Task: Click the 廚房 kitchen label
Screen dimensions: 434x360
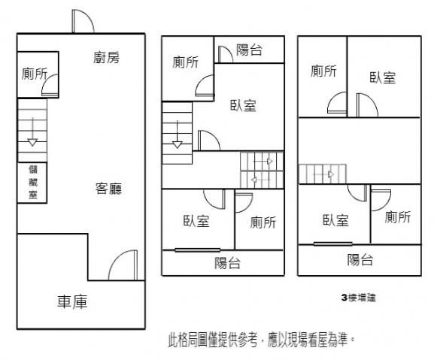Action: (106, 58)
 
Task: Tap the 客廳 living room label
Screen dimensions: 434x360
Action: (108, 189)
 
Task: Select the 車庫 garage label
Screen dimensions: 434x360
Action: (72, 301)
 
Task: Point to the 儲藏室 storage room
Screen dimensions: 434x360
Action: (33, 182)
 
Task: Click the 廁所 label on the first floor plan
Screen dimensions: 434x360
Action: (35, 74)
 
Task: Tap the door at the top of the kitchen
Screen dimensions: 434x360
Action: (83, 21)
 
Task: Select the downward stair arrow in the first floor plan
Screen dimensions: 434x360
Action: (32, 132)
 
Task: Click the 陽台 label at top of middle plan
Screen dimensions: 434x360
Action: (249, 50)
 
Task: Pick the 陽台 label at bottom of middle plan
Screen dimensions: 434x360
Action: (227, 263)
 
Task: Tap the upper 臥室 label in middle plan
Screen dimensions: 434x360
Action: (243, 106)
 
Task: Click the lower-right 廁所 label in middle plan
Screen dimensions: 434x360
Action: (263, 222)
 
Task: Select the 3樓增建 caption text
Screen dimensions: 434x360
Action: (359, 298)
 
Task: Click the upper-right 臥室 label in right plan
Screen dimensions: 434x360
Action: (383, 77)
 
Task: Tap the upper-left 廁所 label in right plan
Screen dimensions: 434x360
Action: (323, 71)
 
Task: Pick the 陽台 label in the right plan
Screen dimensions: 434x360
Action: (360, 260)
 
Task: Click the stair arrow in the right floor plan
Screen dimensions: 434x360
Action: (323, 174)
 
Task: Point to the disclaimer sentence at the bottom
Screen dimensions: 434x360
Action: (261, 340)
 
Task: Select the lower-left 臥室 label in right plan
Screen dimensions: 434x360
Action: (335, 220)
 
